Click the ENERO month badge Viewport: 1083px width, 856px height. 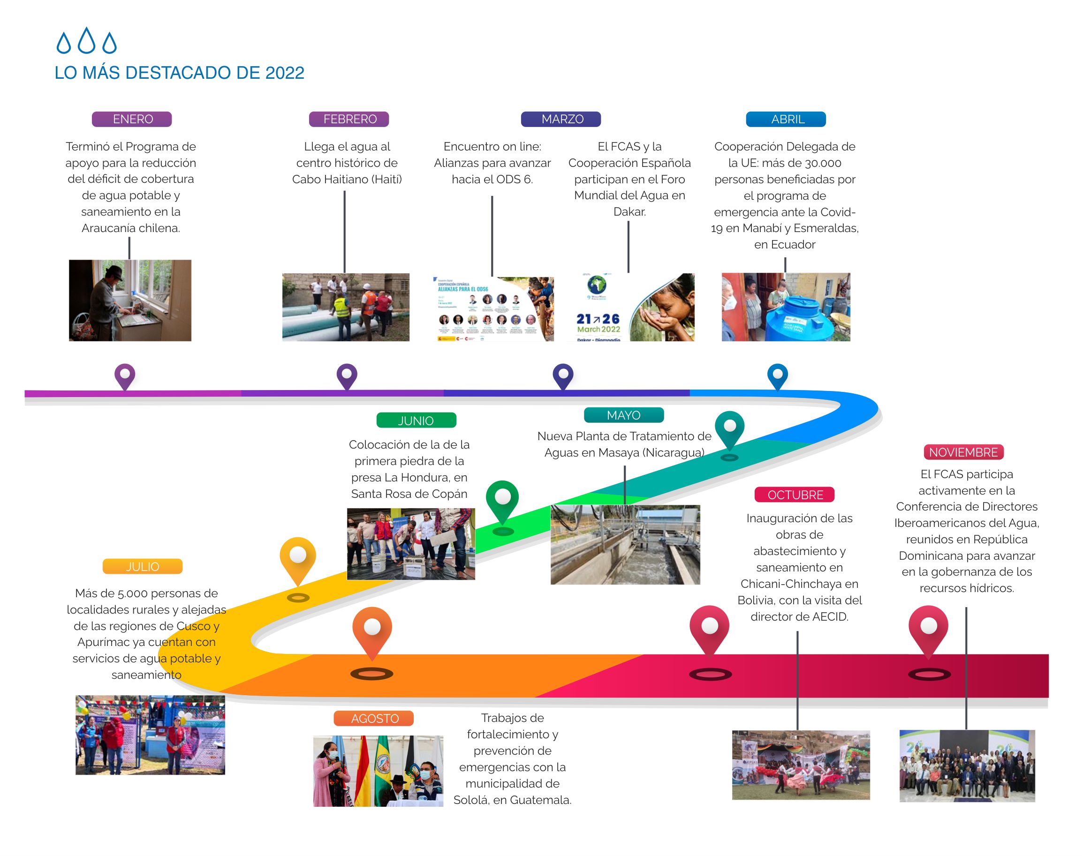(132, 119)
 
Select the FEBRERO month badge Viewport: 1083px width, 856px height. (349, 119)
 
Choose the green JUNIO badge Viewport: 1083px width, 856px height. (416, 420)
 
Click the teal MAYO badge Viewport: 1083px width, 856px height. (624, 415)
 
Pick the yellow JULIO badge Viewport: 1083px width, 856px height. (143, 566)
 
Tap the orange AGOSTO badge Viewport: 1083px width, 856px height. (373, 718)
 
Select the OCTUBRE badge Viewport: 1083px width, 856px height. (794, 495)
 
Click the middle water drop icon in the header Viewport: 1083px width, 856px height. (87, 41)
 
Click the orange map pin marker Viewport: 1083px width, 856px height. (372, 630)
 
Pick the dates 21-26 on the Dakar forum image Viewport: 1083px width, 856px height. (598, 319)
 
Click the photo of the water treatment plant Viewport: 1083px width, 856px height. (625, 544)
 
